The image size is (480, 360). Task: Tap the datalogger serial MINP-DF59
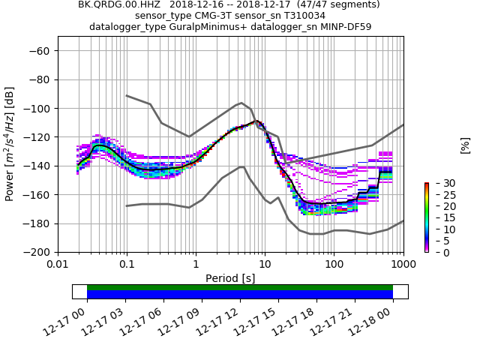pyautogui.click(x=342, y=27)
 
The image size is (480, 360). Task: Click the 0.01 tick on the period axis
pyautogui.click(x=58, y=265)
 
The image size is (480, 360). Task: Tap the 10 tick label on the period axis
pyautogui.click(x=265, y=265)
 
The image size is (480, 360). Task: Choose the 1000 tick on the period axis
pyautogui.click(x=403, y=265)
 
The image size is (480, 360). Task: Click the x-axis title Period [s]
pyautogui.click(x=230, y=278)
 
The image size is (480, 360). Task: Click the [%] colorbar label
pyautogui.click(x=465, y=145)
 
